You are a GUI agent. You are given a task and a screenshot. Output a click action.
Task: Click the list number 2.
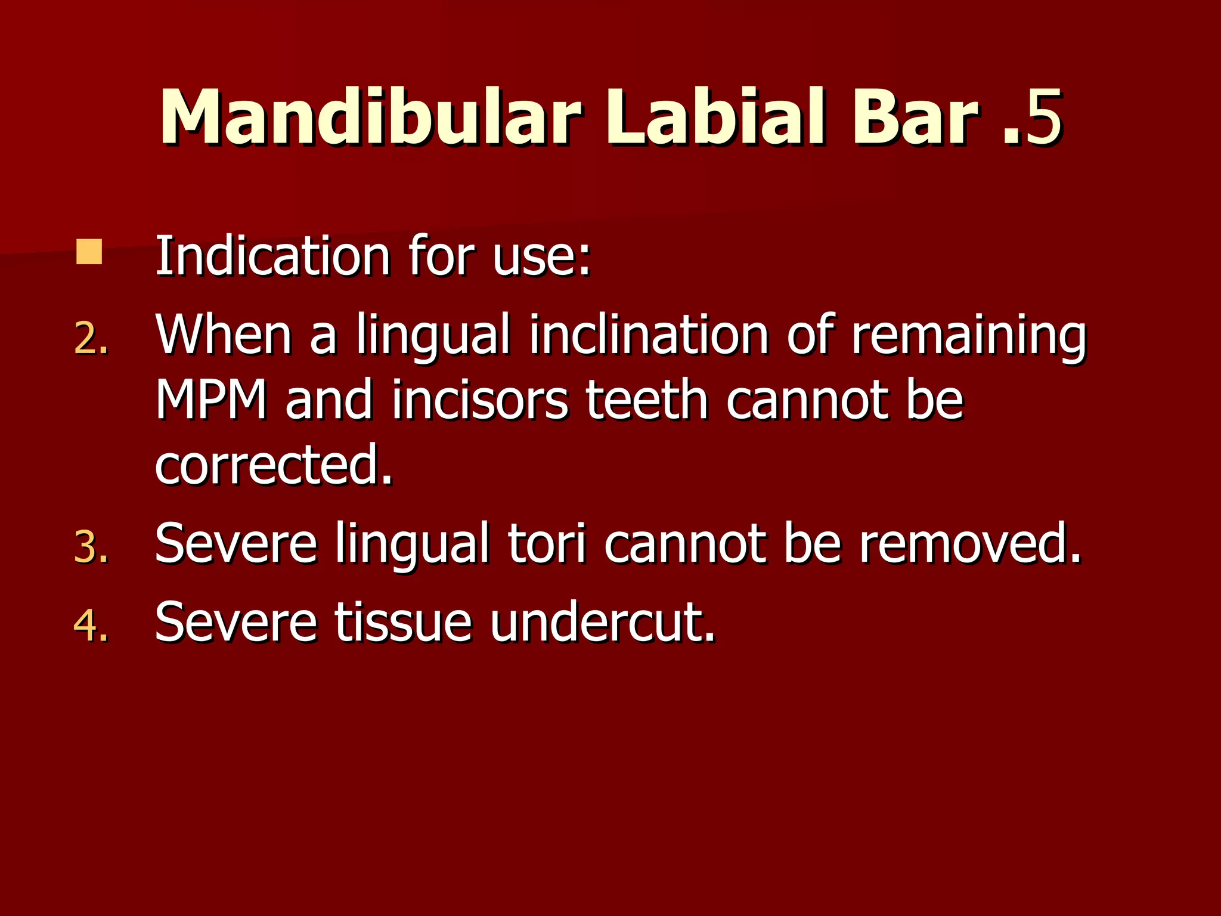pos(91,340)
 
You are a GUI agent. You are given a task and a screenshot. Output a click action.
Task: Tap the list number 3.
pos(91,547)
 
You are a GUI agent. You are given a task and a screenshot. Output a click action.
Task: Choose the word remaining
pos(968,337)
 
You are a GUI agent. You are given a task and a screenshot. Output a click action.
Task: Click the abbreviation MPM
pos(211,401)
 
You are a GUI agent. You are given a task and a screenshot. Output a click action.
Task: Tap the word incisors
pos(480,401)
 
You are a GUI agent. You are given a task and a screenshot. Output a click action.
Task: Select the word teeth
pos(647,401)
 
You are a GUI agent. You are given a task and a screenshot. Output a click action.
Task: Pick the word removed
pos(969,544)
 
